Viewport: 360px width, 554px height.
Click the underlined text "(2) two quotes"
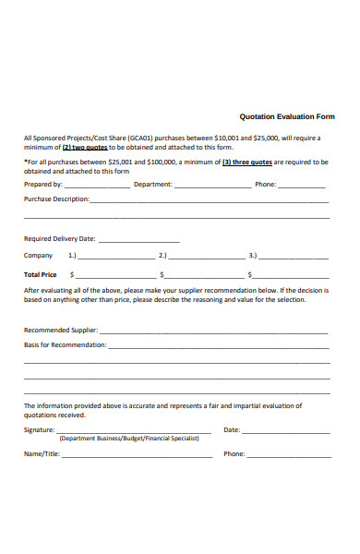tap(85, 147)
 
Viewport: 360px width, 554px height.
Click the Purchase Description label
tap(56, 199)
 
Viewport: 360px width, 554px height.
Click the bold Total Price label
tap(40, 275)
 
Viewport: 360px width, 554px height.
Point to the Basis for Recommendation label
tap(65, 345)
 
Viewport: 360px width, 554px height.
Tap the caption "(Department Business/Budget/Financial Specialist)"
tap(129, 440)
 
